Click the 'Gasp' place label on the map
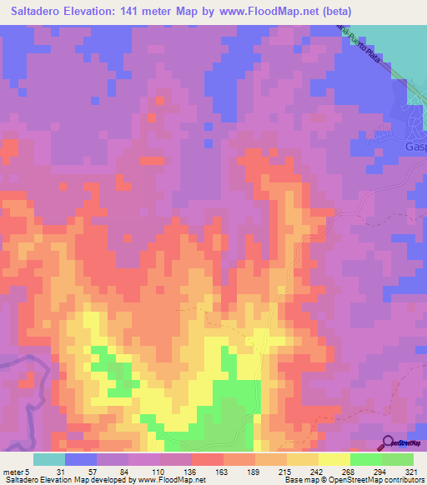tap(414, 146)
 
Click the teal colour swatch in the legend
tap(49, 459)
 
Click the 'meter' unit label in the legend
tap(13, 472)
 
